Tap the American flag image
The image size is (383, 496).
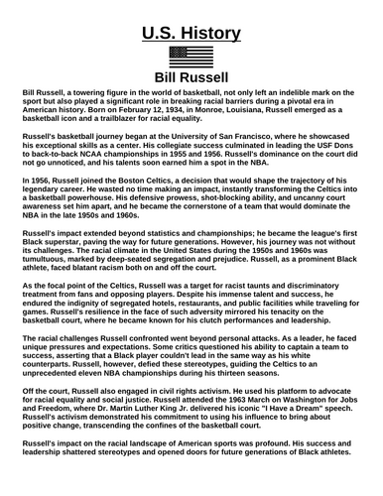click(x=191, y=58)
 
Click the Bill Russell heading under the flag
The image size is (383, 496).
click(x=191, y=77)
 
